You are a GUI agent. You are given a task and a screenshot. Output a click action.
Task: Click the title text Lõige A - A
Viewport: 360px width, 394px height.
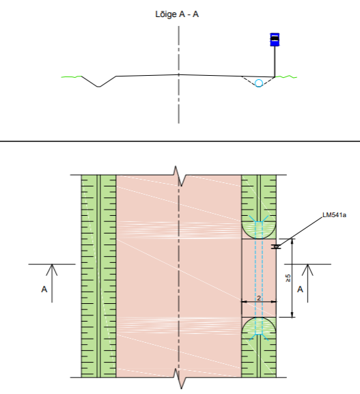pyautogui.click(x=177, y=14)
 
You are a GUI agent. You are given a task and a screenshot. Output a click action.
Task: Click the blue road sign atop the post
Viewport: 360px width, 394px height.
pyautogui.click(x=275, y=40)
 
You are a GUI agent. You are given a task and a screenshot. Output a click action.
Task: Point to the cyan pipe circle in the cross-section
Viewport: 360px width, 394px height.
pyautogui.click(x=259, y=83)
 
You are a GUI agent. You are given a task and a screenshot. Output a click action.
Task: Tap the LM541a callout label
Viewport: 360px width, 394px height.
pyautogui.click(x=334, y=215)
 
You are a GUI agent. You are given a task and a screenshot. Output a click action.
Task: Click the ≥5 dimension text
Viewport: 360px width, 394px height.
pyautogui.click(x=288, y=278)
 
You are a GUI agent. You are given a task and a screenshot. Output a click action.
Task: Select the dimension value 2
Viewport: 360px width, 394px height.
pyautogui.click(x=259, y=298)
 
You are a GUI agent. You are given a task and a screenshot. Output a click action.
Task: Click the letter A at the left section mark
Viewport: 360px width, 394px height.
pyautogui.click(x=44, y=290)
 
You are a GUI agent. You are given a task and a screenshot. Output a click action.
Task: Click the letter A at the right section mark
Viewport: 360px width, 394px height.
pyautogui.click(x=300, y=290)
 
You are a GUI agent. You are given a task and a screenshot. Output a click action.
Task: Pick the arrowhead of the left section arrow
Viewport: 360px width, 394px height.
pyautogui.click(x=52, y=270)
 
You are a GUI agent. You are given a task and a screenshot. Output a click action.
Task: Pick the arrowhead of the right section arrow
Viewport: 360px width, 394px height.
pyautogui.click(x=307, y=270)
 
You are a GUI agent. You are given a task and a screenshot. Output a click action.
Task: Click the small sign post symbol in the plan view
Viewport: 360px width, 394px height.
pyautogui.click(x=276, y=247)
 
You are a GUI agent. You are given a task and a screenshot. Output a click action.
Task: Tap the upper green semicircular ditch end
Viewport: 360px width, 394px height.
pyautogui.click(x=259, y=229)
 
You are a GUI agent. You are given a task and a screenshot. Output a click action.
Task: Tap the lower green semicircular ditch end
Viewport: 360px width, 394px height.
pyautogui.click(x=259, y=326)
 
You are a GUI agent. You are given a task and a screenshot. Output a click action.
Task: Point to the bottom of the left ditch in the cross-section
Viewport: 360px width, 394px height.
pyautogui.click(x=99, y=87)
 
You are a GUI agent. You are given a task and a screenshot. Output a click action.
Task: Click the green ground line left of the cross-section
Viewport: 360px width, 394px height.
pyautogui.click(x=72, y=76)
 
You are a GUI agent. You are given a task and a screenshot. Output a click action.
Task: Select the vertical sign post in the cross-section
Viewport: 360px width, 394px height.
pyautogui.click(x=275, y=61)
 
